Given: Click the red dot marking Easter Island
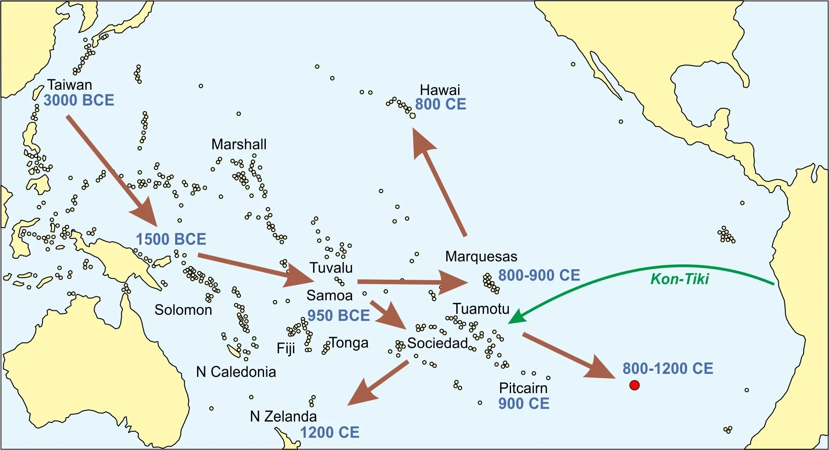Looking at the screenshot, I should click(634, 385).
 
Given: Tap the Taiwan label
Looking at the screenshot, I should click(70, 84).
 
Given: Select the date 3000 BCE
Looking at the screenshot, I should click(79, 100).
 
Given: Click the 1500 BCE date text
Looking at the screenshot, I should click(171, 239).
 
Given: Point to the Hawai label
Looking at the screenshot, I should click(440, 90).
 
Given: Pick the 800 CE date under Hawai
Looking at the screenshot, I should click(441, 105).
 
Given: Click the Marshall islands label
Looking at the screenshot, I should click(239, 144).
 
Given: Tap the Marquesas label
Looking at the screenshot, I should click(481, 256).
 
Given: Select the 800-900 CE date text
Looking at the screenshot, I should click(539, 275).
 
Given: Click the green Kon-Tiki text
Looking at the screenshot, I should click(679, 279).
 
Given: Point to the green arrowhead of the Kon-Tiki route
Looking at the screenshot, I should click(517, 317).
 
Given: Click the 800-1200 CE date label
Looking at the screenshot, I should click(668, 369).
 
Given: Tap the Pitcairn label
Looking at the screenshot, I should click(523, 388).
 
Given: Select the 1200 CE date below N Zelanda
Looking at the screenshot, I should click(329, 432).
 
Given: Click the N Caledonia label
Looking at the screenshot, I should click(236, 372).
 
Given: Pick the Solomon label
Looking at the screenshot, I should click(183, 309).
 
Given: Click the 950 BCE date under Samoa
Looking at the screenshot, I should click(339, 315).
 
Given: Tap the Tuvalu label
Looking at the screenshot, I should click(331, 267).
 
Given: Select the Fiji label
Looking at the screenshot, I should click(286, 348).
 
